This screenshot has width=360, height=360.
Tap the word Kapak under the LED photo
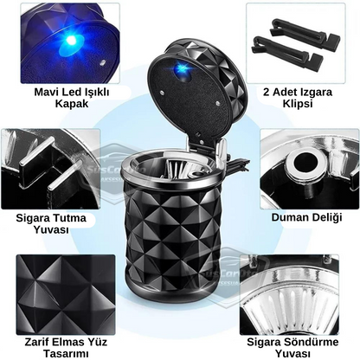(72, 104)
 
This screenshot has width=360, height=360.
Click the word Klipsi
(298, 104)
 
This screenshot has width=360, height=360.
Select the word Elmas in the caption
(70, 342)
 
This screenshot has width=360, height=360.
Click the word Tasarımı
(66, 354)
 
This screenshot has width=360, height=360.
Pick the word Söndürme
(312, 342)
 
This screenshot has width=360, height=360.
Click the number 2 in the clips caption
(267, 93)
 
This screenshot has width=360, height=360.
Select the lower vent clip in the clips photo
(287, 48)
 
